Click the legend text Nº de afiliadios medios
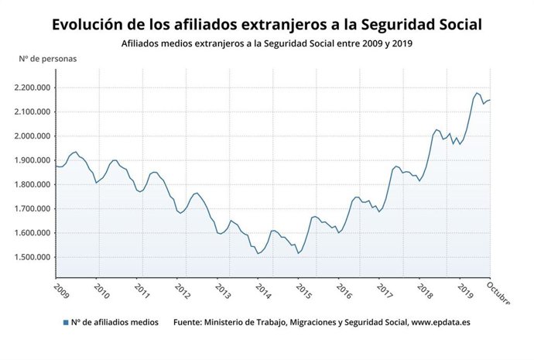(115, 321)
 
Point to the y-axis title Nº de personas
(47, 57)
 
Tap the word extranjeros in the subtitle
(216, 43)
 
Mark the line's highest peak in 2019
(477, 92)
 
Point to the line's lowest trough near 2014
(258, 253)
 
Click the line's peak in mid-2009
(75, 152)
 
